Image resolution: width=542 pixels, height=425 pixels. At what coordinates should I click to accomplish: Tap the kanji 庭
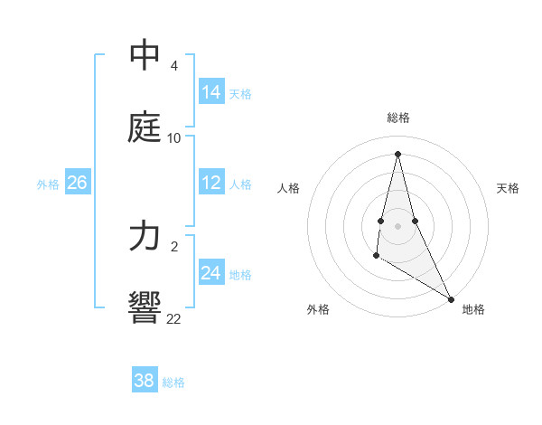tap(145, 127)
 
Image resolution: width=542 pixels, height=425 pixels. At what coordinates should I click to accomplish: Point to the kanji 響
tap(145, 308)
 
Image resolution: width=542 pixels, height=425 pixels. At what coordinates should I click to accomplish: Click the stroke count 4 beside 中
tap(173, 66)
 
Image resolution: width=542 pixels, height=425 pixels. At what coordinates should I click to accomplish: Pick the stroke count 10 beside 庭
tap(173, 138)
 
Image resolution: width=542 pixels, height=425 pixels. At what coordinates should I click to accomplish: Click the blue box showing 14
tap(211, 92)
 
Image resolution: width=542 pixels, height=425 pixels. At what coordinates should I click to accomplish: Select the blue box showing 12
tap(211, 183)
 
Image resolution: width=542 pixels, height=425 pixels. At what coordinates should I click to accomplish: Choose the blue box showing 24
tap(211, 273)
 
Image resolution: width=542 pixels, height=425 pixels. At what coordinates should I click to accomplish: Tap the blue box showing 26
tap(77, 183)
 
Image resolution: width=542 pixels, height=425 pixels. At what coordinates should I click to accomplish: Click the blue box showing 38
tap(145, 381)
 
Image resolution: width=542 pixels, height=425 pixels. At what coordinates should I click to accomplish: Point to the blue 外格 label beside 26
tap(48, 184)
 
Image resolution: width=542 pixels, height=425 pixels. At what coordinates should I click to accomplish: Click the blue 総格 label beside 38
tap(173, 382)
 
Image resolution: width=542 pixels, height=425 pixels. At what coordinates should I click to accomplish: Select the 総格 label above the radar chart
tap(398, 118)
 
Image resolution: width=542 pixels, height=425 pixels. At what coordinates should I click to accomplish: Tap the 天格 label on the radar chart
tap(509, 188)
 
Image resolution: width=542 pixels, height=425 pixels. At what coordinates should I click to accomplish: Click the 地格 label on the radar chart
tap(473, 309)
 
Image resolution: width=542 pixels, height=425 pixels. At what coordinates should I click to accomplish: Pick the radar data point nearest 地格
tap(451, 298)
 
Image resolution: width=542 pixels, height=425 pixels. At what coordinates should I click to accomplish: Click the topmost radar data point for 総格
tap(397, 153)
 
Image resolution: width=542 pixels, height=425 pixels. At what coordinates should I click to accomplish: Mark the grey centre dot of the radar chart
tap(397, 225)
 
